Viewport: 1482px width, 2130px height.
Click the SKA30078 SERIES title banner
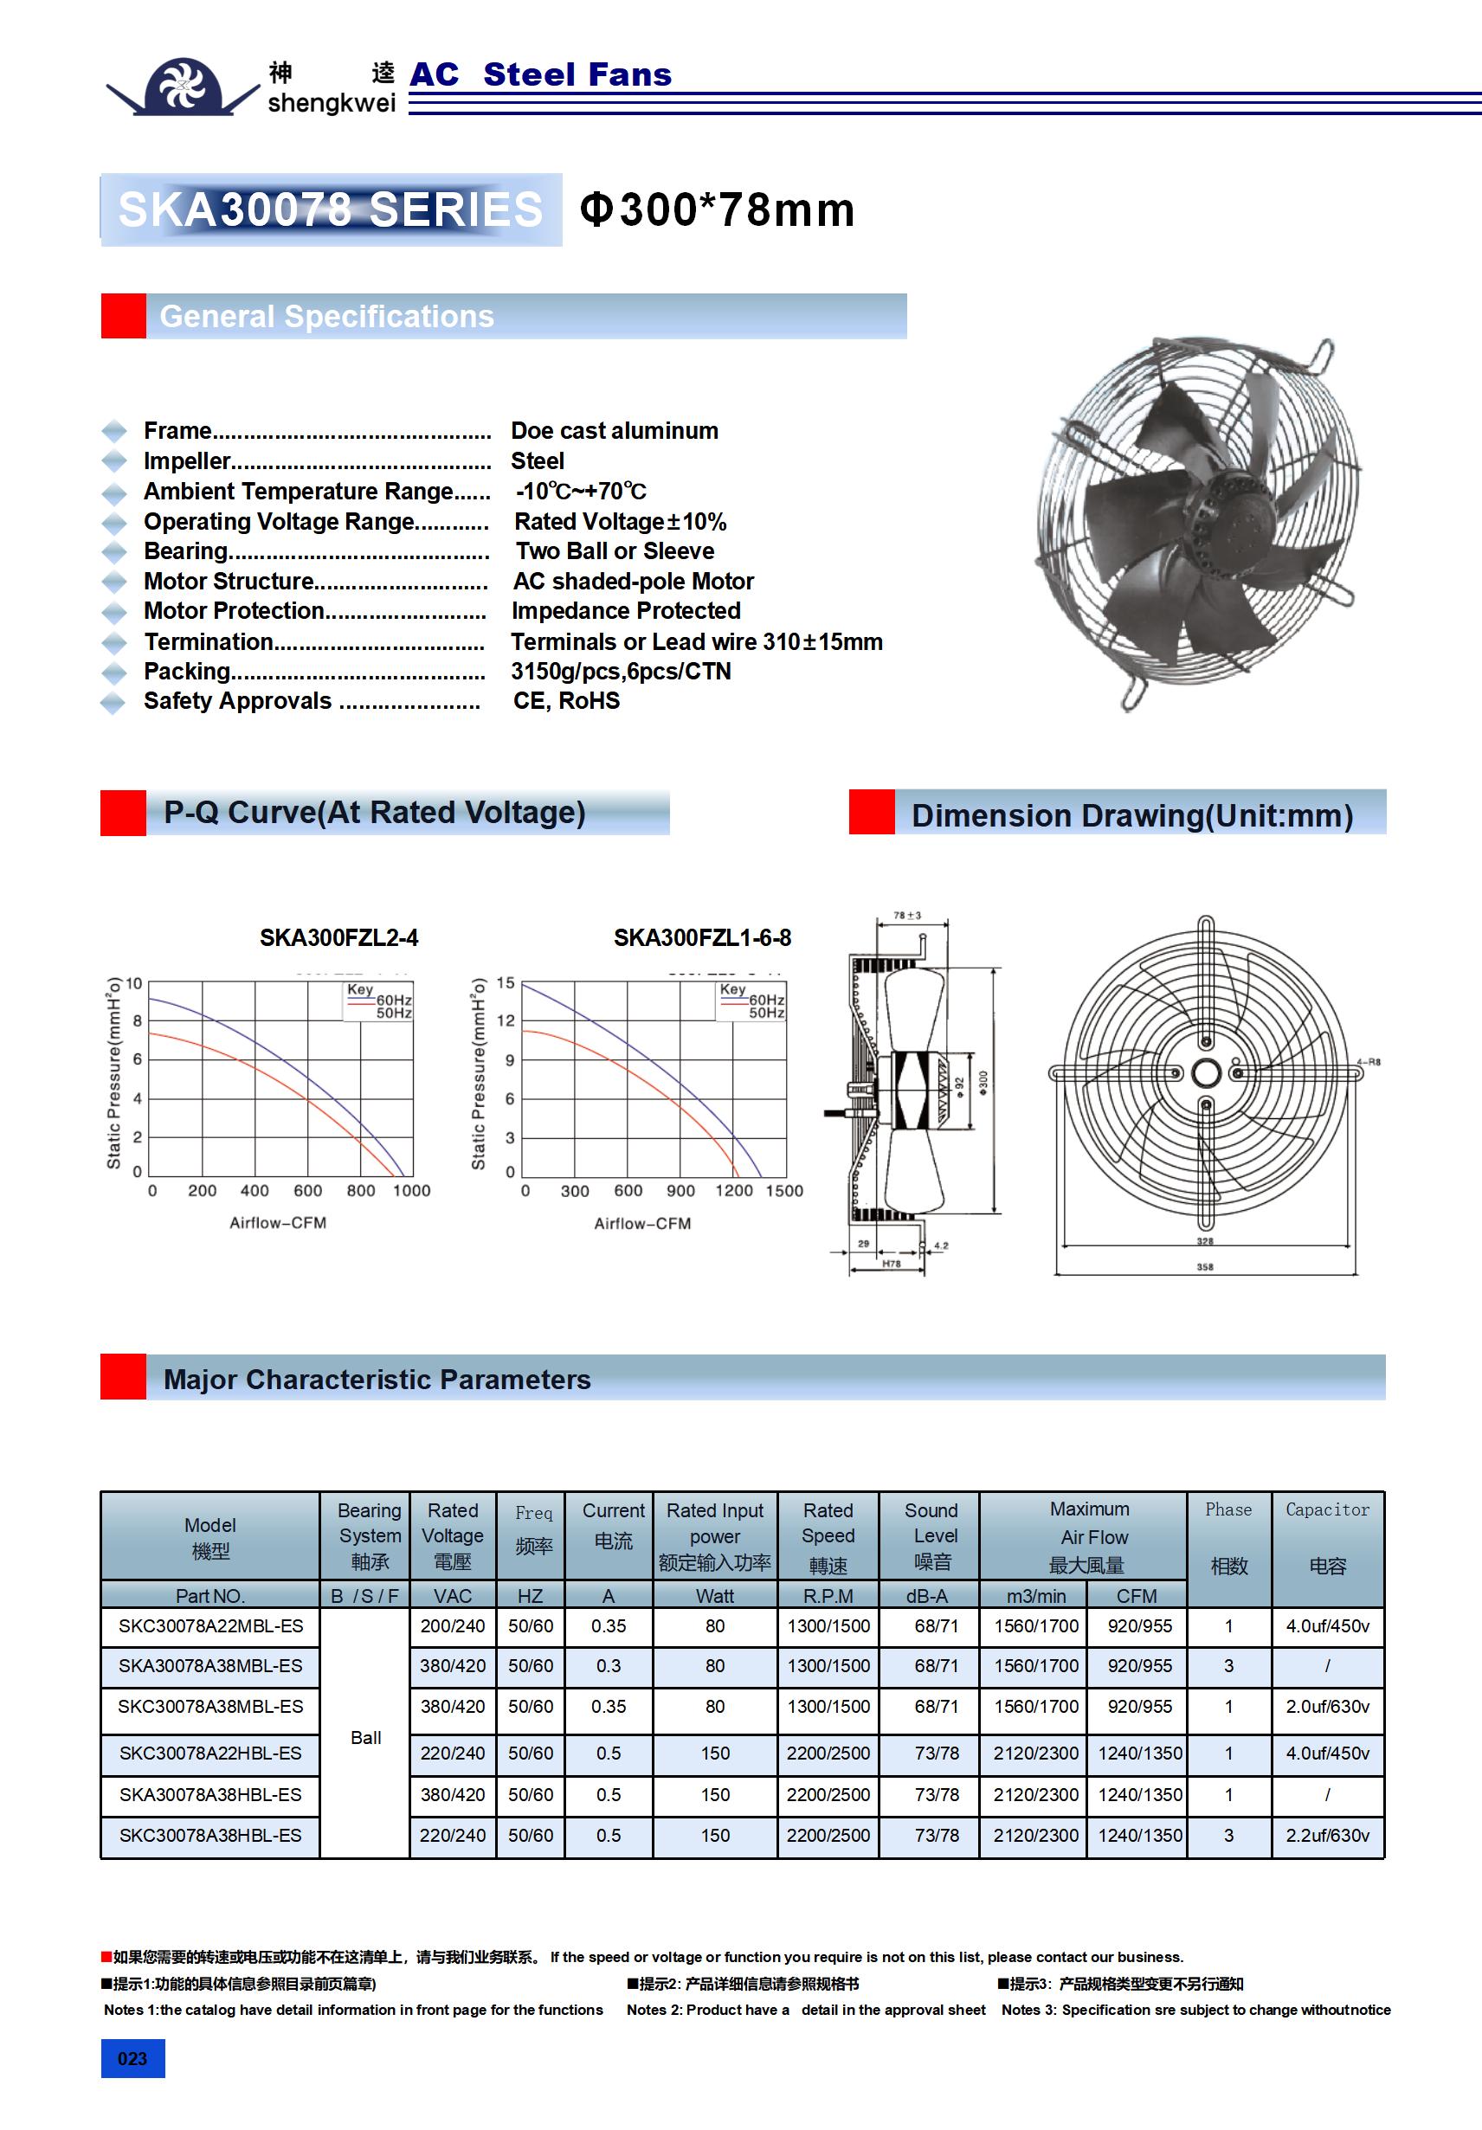[331, 209]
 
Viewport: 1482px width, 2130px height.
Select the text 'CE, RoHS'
[566, 701]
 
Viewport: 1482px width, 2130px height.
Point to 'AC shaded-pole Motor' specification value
[633, 582]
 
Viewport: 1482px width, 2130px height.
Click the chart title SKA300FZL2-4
[338, 938]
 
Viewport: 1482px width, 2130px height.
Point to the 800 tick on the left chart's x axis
[361, 1190]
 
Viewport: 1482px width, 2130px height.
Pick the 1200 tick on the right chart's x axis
[733, 1190]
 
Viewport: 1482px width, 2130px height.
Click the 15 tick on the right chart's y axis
[505, 982]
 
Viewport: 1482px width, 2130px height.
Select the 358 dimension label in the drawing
[1204, 1266]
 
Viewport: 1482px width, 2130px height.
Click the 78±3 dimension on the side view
[906, 916]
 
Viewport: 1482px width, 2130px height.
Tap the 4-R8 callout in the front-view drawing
[1369, 1061]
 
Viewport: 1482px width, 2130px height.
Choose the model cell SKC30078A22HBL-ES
[210, 1754]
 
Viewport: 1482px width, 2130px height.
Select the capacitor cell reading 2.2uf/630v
[1327, 1835]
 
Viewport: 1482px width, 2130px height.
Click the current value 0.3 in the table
[608, 1666]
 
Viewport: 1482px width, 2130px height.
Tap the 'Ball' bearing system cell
[365, 1738]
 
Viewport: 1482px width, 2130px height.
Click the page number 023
[132, 2058]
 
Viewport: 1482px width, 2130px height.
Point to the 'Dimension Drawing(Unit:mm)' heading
[1131, 815]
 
